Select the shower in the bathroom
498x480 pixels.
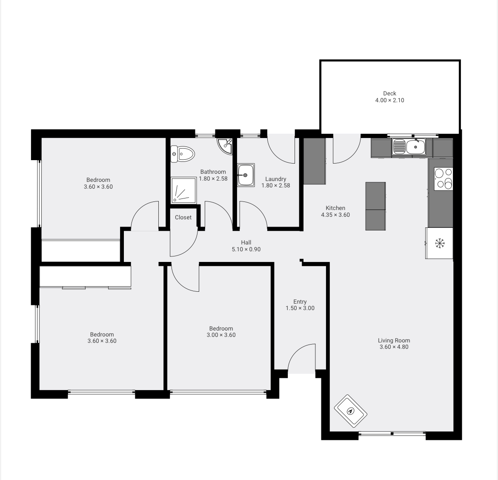pyautogui.click(x=183, y=190)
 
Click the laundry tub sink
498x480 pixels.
pyautogui.click(x=246, y=175)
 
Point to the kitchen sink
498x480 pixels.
pyautogui.click(x=409, y=147)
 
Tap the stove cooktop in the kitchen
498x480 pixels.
pyautogui.click(x=444, y=179)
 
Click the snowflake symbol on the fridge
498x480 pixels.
pyautogui.click(x=440, y=244)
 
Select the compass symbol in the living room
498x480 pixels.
pyautogui.click(x=351, y=411)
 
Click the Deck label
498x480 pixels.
pyautogui.click(x=389, y=93)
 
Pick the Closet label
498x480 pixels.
pyautogui.click(x=183, y=218)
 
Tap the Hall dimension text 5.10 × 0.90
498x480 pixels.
pyautogui.click(x=246, y=250)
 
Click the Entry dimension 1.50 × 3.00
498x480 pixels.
pyautogui.click(x=300, y=308)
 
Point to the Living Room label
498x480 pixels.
pyautogui.click(x=394, y=340)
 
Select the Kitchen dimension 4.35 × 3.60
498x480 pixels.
pyautogui.click(x=335, y=215)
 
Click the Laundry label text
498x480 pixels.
pyautogui.click(x=276, y=179)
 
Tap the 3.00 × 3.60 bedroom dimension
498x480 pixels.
pyautogui.click(x=221, y=335)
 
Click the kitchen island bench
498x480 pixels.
pyautogui.click(x=375, y=206)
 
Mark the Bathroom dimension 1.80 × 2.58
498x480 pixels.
pyautogui.click(x=213, y=178)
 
